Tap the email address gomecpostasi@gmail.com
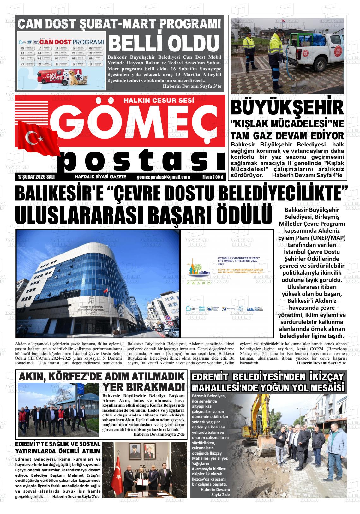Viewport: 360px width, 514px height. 163,177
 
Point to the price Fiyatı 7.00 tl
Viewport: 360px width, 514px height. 213,177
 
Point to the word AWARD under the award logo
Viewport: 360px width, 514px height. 198,284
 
